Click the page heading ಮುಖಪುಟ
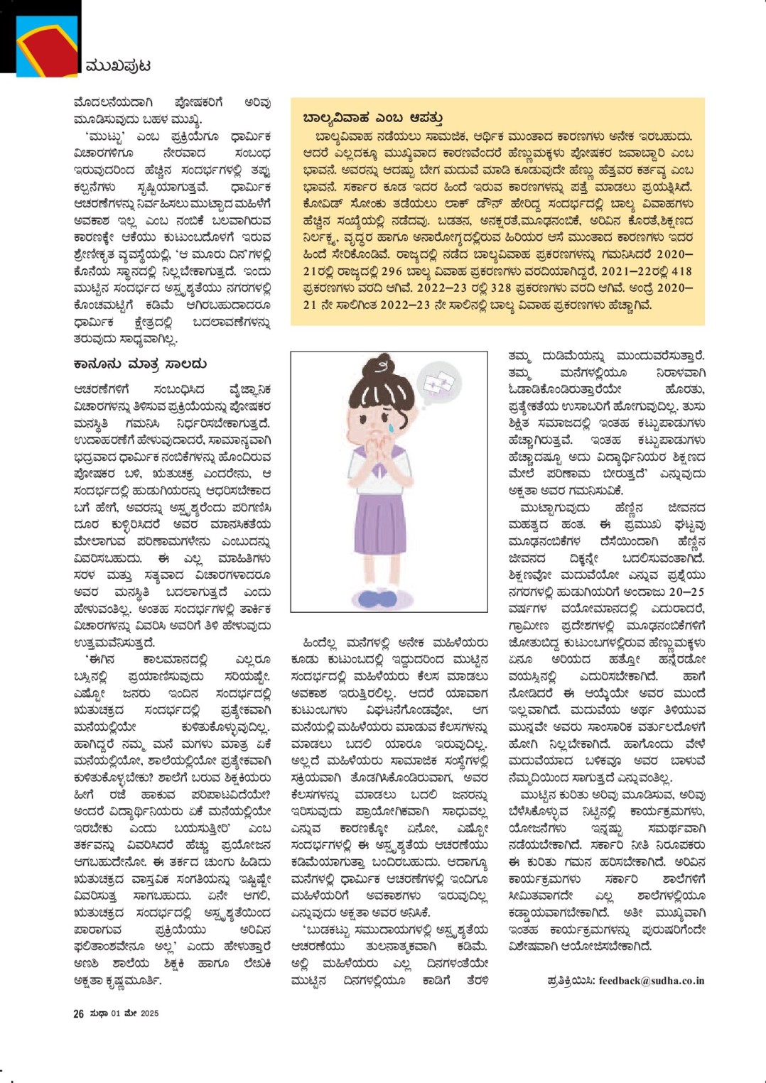tap(118, 66)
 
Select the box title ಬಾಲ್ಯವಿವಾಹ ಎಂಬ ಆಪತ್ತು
tap(373, 118)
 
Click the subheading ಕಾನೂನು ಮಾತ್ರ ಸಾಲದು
tap(140, 364)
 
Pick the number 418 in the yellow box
tap(681, 271)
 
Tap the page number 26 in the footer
tap(79, 1013)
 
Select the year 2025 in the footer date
tap(149, 1013)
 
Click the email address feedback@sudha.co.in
tap(652, 981)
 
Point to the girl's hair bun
tap(382, 367)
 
